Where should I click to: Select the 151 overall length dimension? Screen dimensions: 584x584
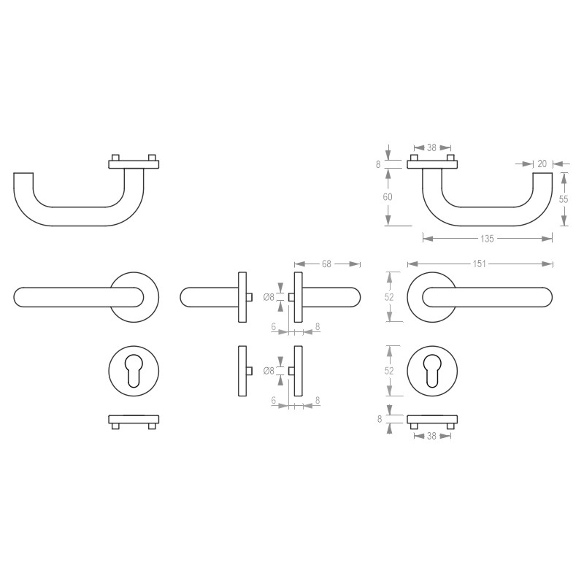480,264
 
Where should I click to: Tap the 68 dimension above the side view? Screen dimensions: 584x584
327,264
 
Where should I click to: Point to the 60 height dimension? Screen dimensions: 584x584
388,197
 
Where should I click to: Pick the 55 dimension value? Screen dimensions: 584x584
564,199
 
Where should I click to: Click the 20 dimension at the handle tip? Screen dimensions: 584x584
542,164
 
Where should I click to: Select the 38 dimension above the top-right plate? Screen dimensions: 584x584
431,147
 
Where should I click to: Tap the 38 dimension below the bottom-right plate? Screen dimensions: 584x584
431,436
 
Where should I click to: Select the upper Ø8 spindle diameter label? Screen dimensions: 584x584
269,296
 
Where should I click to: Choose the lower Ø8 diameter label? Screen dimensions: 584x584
269,371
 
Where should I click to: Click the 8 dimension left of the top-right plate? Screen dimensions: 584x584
379,164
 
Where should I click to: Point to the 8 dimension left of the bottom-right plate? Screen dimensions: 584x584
379,419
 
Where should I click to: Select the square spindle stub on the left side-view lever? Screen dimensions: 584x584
250,296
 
